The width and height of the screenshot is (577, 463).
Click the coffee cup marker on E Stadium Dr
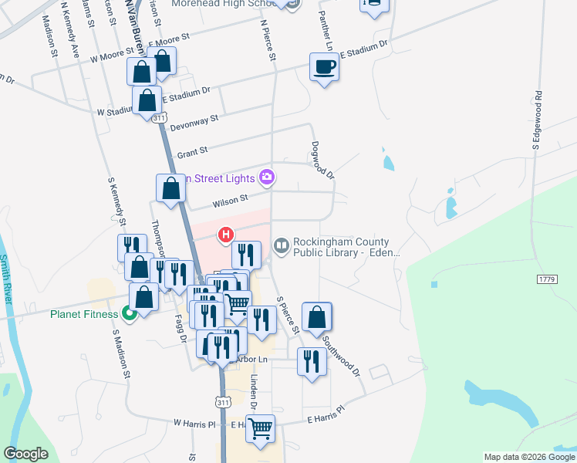[324, 68]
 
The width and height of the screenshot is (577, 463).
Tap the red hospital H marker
[226, 234]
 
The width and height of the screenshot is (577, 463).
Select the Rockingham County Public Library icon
[281, 246]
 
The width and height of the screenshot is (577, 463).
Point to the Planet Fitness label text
[84, 314]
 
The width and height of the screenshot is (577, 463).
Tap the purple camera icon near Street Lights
[267, 177]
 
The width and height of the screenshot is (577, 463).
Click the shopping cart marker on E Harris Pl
[261, 428]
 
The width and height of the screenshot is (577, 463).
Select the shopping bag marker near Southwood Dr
[316, 317]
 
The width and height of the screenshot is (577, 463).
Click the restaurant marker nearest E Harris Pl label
[311, 362]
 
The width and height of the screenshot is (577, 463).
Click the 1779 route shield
[546, 277]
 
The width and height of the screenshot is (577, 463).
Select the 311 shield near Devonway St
[159, 118]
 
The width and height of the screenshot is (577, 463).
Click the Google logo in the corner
[26, 454]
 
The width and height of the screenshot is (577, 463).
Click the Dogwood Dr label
[322, 160]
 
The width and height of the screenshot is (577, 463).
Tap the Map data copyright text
[529, 457]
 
